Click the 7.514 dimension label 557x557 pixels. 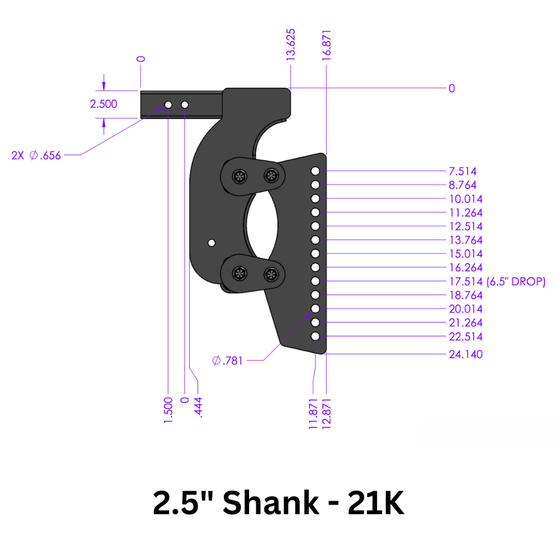(x=463, y=171)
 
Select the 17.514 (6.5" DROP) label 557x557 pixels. (x=497, y=282)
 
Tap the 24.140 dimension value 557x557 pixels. (x=466, y=355)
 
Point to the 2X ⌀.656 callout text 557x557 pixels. (x=36, y=156)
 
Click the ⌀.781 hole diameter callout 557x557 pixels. (x=227, y=361)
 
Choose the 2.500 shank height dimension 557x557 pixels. (x=103, y=104)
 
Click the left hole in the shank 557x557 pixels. (x=168, y=104)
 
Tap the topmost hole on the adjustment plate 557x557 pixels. (x=315, y=171)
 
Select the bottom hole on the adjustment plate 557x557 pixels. (x=315, y=337)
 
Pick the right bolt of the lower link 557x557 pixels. (x=270, y=274)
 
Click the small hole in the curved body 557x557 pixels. (x=212, y=242)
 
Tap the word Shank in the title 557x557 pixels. (x=271, y=503)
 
